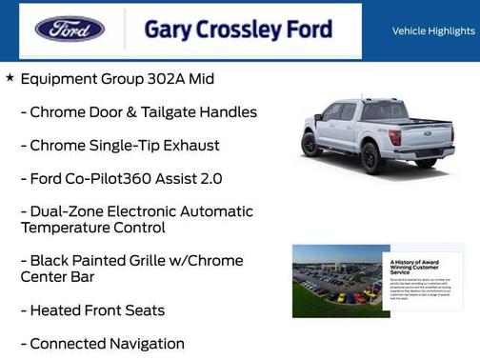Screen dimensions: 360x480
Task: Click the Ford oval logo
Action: click(x=70, y=29)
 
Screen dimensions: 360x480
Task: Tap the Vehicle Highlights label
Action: click(x=433, y=31)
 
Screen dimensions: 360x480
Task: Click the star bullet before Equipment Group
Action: click(x=10, y=77)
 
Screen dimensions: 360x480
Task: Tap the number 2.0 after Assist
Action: click(x=212, y=178)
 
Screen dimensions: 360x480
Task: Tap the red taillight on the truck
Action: click(x=393, y=137)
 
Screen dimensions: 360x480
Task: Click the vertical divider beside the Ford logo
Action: click(x=123, y=30)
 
